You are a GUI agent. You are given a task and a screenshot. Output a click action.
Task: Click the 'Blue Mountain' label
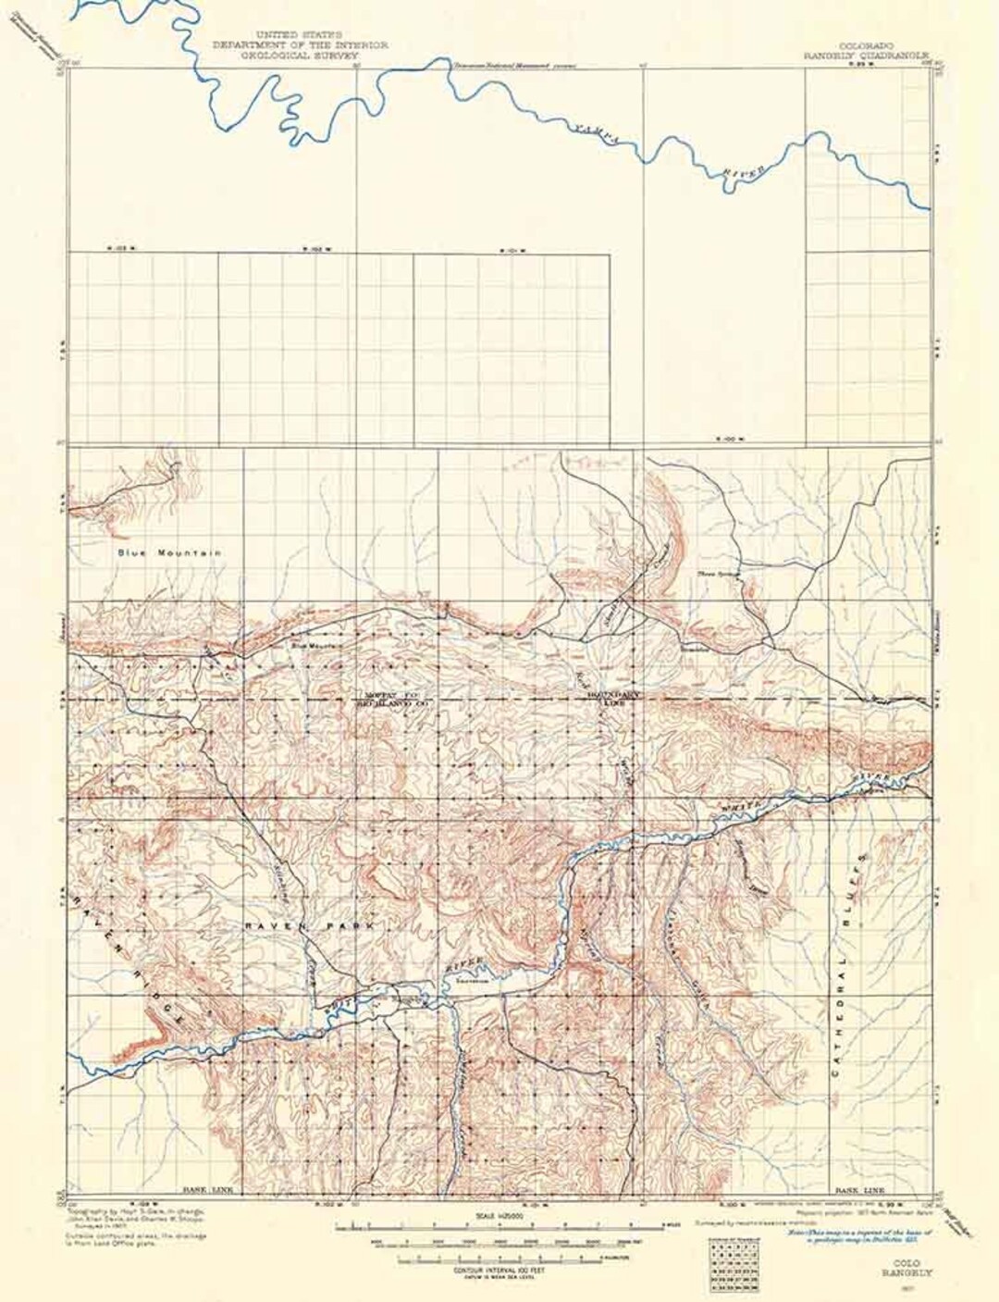[x=169, y=552]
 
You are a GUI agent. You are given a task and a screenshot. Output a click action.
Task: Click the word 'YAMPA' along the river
[x=598, y=130]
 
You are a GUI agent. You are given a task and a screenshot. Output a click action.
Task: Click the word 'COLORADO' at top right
[x=866, y=43]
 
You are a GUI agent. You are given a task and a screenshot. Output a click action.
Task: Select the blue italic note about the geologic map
[x=860, y=1228]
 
